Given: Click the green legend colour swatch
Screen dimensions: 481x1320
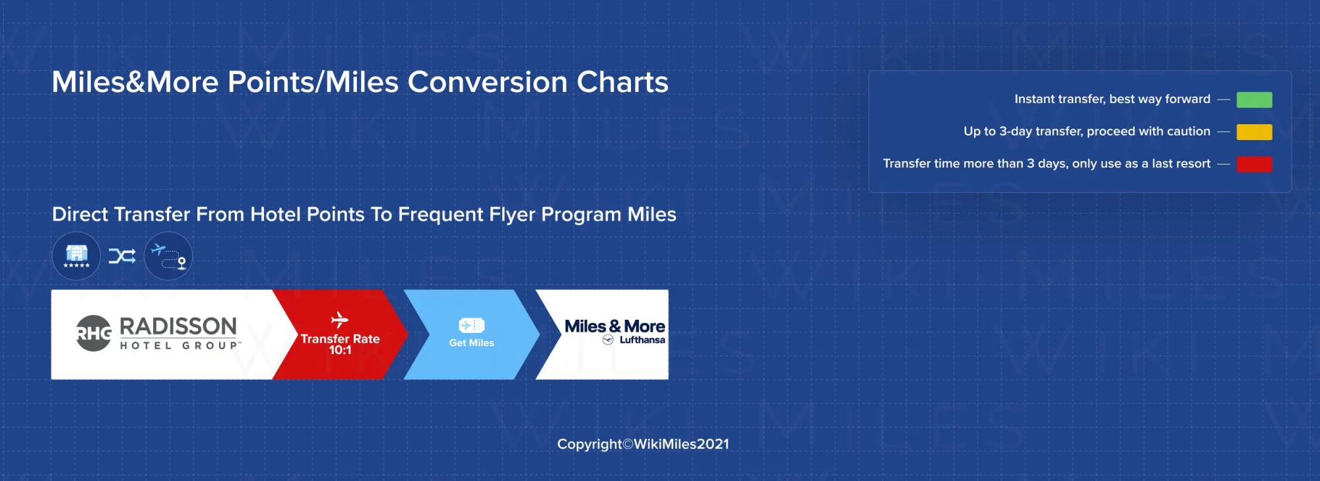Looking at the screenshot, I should (1254, 100).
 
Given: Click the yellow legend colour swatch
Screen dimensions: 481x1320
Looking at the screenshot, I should (1254, 132).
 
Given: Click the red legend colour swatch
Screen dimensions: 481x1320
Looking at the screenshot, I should (1254, 164).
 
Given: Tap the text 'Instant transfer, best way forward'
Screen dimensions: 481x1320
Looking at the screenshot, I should (1112, 99).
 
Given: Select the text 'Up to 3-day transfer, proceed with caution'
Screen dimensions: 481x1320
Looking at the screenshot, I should (1086, 131).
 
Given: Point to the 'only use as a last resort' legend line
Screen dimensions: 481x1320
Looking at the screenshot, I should (1047, 164).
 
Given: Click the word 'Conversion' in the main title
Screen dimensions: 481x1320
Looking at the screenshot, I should (487, 83).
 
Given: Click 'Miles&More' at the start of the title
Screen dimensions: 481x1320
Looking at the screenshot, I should (135, 83).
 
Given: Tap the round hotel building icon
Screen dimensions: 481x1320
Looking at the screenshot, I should (77, 256).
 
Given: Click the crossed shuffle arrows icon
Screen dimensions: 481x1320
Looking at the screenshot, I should (122, 256).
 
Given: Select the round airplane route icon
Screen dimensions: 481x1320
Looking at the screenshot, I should (168, 256).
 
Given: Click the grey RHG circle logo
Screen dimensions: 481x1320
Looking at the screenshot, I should (93, 333).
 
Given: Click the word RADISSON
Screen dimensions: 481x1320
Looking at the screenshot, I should (178, 326).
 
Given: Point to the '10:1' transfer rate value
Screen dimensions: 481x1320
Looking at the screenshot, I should (340, 351).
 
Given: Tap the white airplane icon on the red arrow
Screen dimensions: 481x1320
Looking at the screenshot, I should (340, 320).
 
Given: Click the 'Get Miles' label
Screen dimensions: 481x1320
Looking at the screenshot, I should (471, 343).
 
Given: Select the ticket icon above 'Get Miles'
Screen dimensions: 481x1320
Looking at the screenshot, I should (471, 325).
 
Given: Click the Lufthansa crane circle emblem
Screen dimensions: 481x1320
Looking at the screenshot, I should (608, 340).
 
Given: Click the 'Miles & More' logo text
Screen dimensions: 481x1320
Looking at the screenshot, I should (614, 326).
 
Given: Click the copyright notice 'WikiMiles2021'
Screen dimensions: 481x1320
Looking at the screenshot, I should (681, 444).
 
